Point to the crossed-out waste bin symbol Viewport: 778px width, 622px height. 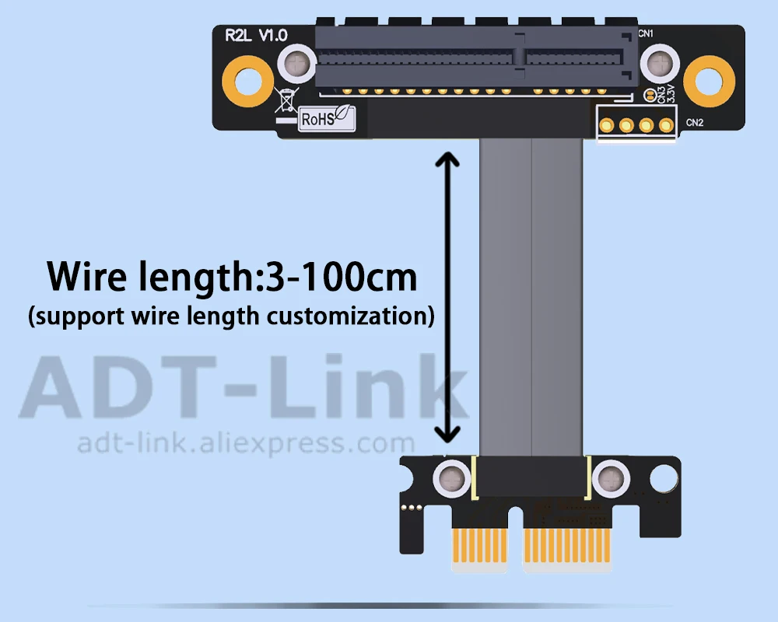pos(286,99)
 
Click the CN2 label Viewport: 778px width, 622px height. pos(695,122)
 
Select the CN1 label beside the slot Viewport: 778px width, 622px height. pos(645,33)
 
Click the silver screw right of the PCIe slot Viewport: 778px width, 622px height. pos(661,62)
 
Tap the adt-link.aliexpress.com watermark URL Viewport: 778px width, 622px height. pos(245,444)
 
